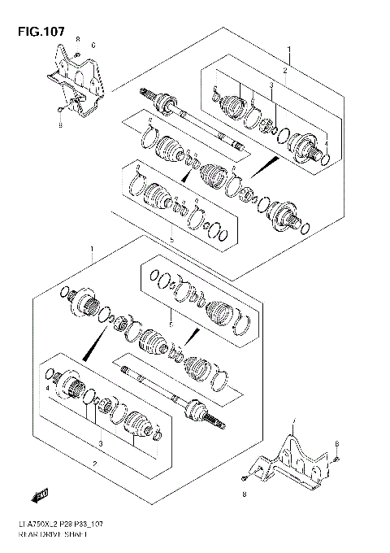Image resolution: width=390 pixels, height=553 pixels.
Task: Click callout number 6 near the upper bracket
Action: [x=93, y=45]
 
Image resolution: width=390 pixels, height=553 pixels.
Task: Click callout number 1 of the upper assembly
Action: [x=288, y=50]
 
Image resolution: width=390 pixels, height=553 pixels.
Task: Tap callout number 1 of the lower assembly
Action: [x=93, y=247]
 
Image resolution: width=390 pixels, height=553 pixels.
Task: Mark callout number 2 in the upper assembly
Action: [x=284, y=72]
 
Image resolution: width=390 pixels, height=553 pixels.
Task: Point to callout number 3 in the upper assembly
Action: [x=272, y=86]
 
